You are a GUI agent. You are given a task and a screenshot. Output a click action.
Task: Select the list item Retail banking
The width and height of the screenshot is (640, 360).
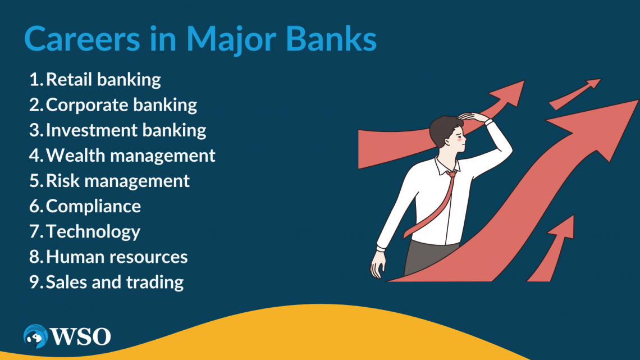click(103, 80)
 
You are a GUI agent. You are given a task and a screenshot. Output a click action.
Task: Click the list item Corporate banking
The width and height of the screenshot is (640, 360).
click(121, 105)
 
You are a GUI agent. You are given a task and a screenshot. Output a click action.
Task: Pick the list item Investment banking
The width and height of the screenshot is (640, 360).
click(126, 130)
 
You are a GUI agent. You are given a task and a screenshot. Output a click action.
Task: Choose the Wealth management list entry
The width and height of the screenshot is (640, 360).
click(130, 156)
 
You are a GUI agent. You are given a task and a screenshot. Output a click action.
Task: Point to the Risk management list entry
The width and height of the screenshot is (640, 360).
click(118, 181)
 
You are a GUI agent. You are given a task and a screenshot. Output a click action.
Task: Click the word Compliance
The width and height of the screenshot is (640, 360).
click(93, 206)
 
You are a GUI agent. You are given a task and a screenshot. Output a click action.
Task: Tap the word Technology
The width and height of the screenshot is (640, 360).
click(93, 231)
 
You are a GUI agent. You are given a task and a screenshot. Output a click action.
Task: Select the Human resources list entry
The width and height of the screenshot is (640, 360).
click(117, 257)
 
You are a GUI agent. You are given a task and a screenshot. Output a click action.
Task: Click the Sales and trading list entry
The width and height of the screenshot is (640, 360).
click(115, 282)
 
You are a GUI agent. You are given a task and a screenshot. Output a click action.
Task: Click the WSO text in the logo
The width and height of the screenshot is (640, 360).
click(80, 337)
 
